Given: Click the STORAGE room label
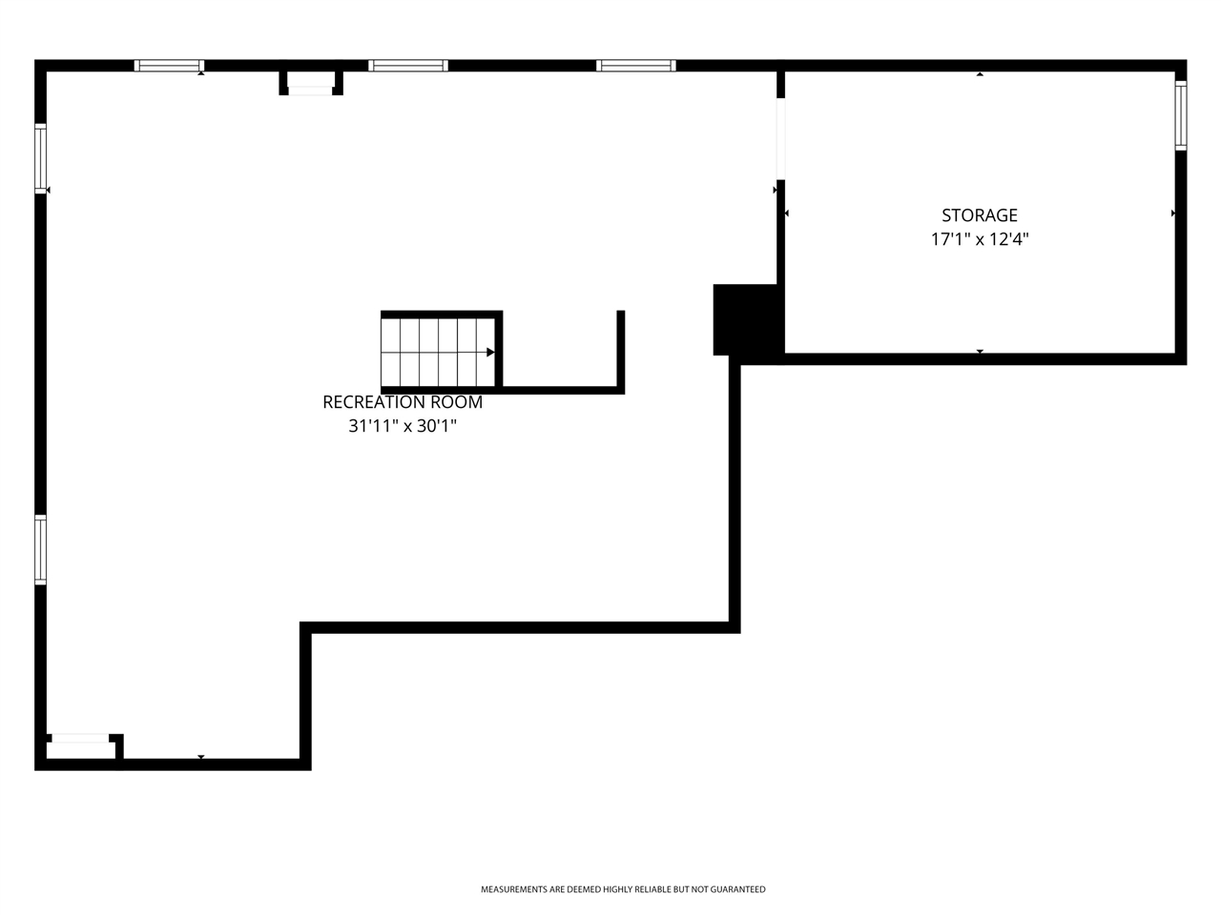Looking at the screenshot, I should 980,215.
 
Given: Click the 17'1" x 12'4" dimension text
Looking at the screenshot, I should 980,239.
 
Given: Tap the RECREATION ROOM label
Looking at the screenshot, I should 403,402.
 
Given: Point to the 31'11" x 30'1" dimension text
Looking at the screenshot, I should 403,426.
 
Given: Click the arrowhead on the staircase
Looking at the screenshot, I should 490,352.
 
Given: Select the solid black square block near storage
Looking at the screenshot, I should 746,320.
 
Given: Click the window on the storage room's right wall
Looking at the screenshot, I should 1180,115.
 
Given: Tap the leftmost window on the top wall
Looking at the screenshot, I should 169,66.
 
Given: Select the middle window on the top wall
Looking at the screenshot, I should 408,66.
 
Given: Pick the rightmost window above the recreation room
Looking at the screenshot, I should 636,66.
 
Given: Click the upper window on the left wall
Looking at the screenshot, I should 40,159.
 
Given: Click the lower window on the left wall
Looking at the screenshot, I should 40,549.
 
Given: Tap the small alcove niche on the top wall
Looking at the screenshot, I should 311,83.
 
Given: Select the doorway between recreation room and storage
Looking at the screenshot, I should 780,138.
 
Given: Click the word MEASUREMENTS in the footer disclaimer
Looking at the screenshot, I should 513,889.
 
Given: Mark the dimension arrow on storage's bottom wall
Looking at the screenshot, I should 980,352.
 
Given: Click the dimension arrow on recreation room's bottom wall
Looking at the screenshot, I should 201,757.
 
